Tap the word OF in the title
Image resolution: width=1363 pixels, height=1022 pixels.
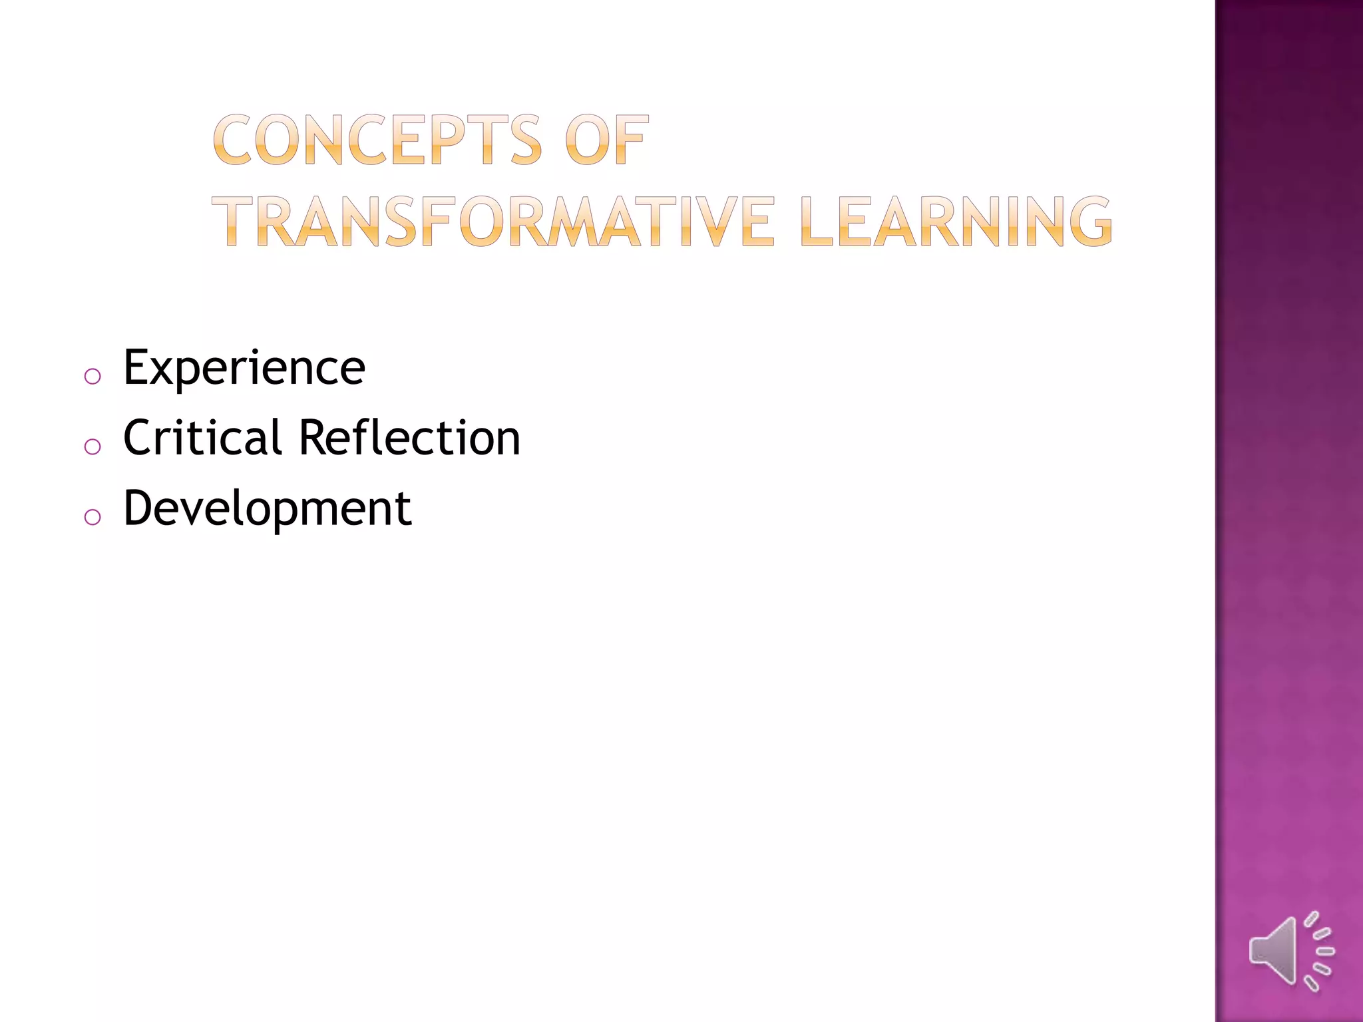click(606, 140)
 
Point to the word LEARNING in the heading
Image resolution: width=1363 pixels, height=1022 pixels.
click(956, 222)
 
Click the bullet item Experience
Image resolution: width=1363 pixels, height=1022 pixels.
click(244, 367)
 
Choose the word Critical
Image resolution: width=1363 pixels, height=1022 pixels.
click(202, 438)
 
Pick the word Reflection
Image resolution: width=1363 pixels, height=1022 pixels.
click(409, 438)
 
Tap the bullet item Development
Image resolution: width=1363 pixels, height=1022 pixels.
click(268, 509)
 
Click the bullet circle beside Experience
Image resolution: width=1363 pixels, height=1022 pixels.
click(93, 377)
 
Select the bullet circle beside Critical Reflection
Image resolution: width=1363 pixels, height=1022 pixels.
click(93, 446)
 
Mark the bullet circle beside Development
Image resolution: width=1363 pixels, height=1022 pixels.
click(93, 517)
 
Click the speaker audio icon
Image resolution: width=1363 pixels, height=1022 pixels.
click(1290, 951)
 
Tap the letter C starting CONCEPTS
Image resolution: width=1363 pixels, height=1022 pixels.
click(232, 140)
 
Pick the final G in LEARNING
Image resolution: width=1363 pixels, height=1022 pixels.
click(1089, 222)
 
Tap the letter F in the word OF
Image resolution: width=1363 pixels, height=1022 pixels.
click(631, 140)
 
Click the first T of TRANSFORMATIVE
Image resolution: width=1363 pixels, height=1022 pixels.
click(240, 222)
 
